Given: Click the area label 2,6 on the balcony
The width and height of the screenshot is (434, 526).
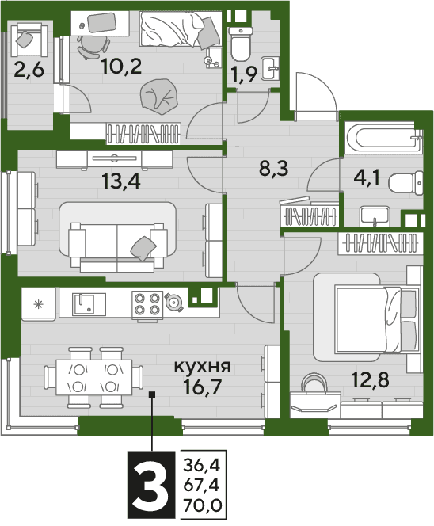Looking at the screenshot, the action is click(29, 71).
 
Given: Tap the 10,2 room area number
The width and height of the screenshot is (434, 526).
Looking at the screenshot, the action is click(122, 66).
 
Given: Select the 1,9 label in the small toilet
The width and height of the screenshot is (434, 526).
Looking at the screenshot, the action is click(245, 74).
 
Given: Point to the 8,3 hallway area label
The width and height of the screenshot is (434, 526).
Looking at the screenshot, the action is click(274, 169).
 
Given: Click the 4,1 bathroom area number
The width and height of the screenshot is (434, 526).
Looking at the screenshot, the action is click(367, 177).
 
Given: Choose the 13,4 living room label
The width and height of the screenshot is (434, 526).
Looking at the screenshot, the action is click(120, 182).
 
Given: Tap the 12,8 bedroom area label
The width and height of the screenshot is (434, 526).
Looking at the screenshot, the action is click(371, 379).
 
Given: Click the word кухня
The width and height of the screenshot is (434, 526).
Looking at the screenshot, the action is click(202, 367).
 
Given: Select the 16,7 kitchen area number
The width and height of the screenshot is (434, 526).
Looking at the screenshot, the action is click(203, 386).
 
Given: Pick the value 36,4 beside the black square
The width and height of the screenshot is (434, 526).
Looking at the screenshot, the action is click(201, 466).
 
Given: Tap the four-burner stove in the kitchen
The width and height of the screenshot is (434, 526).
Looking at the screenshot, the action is click(147, 304).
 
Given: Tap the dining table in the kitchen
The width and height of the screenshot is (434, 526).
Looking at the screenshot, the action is click(94, 377).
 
